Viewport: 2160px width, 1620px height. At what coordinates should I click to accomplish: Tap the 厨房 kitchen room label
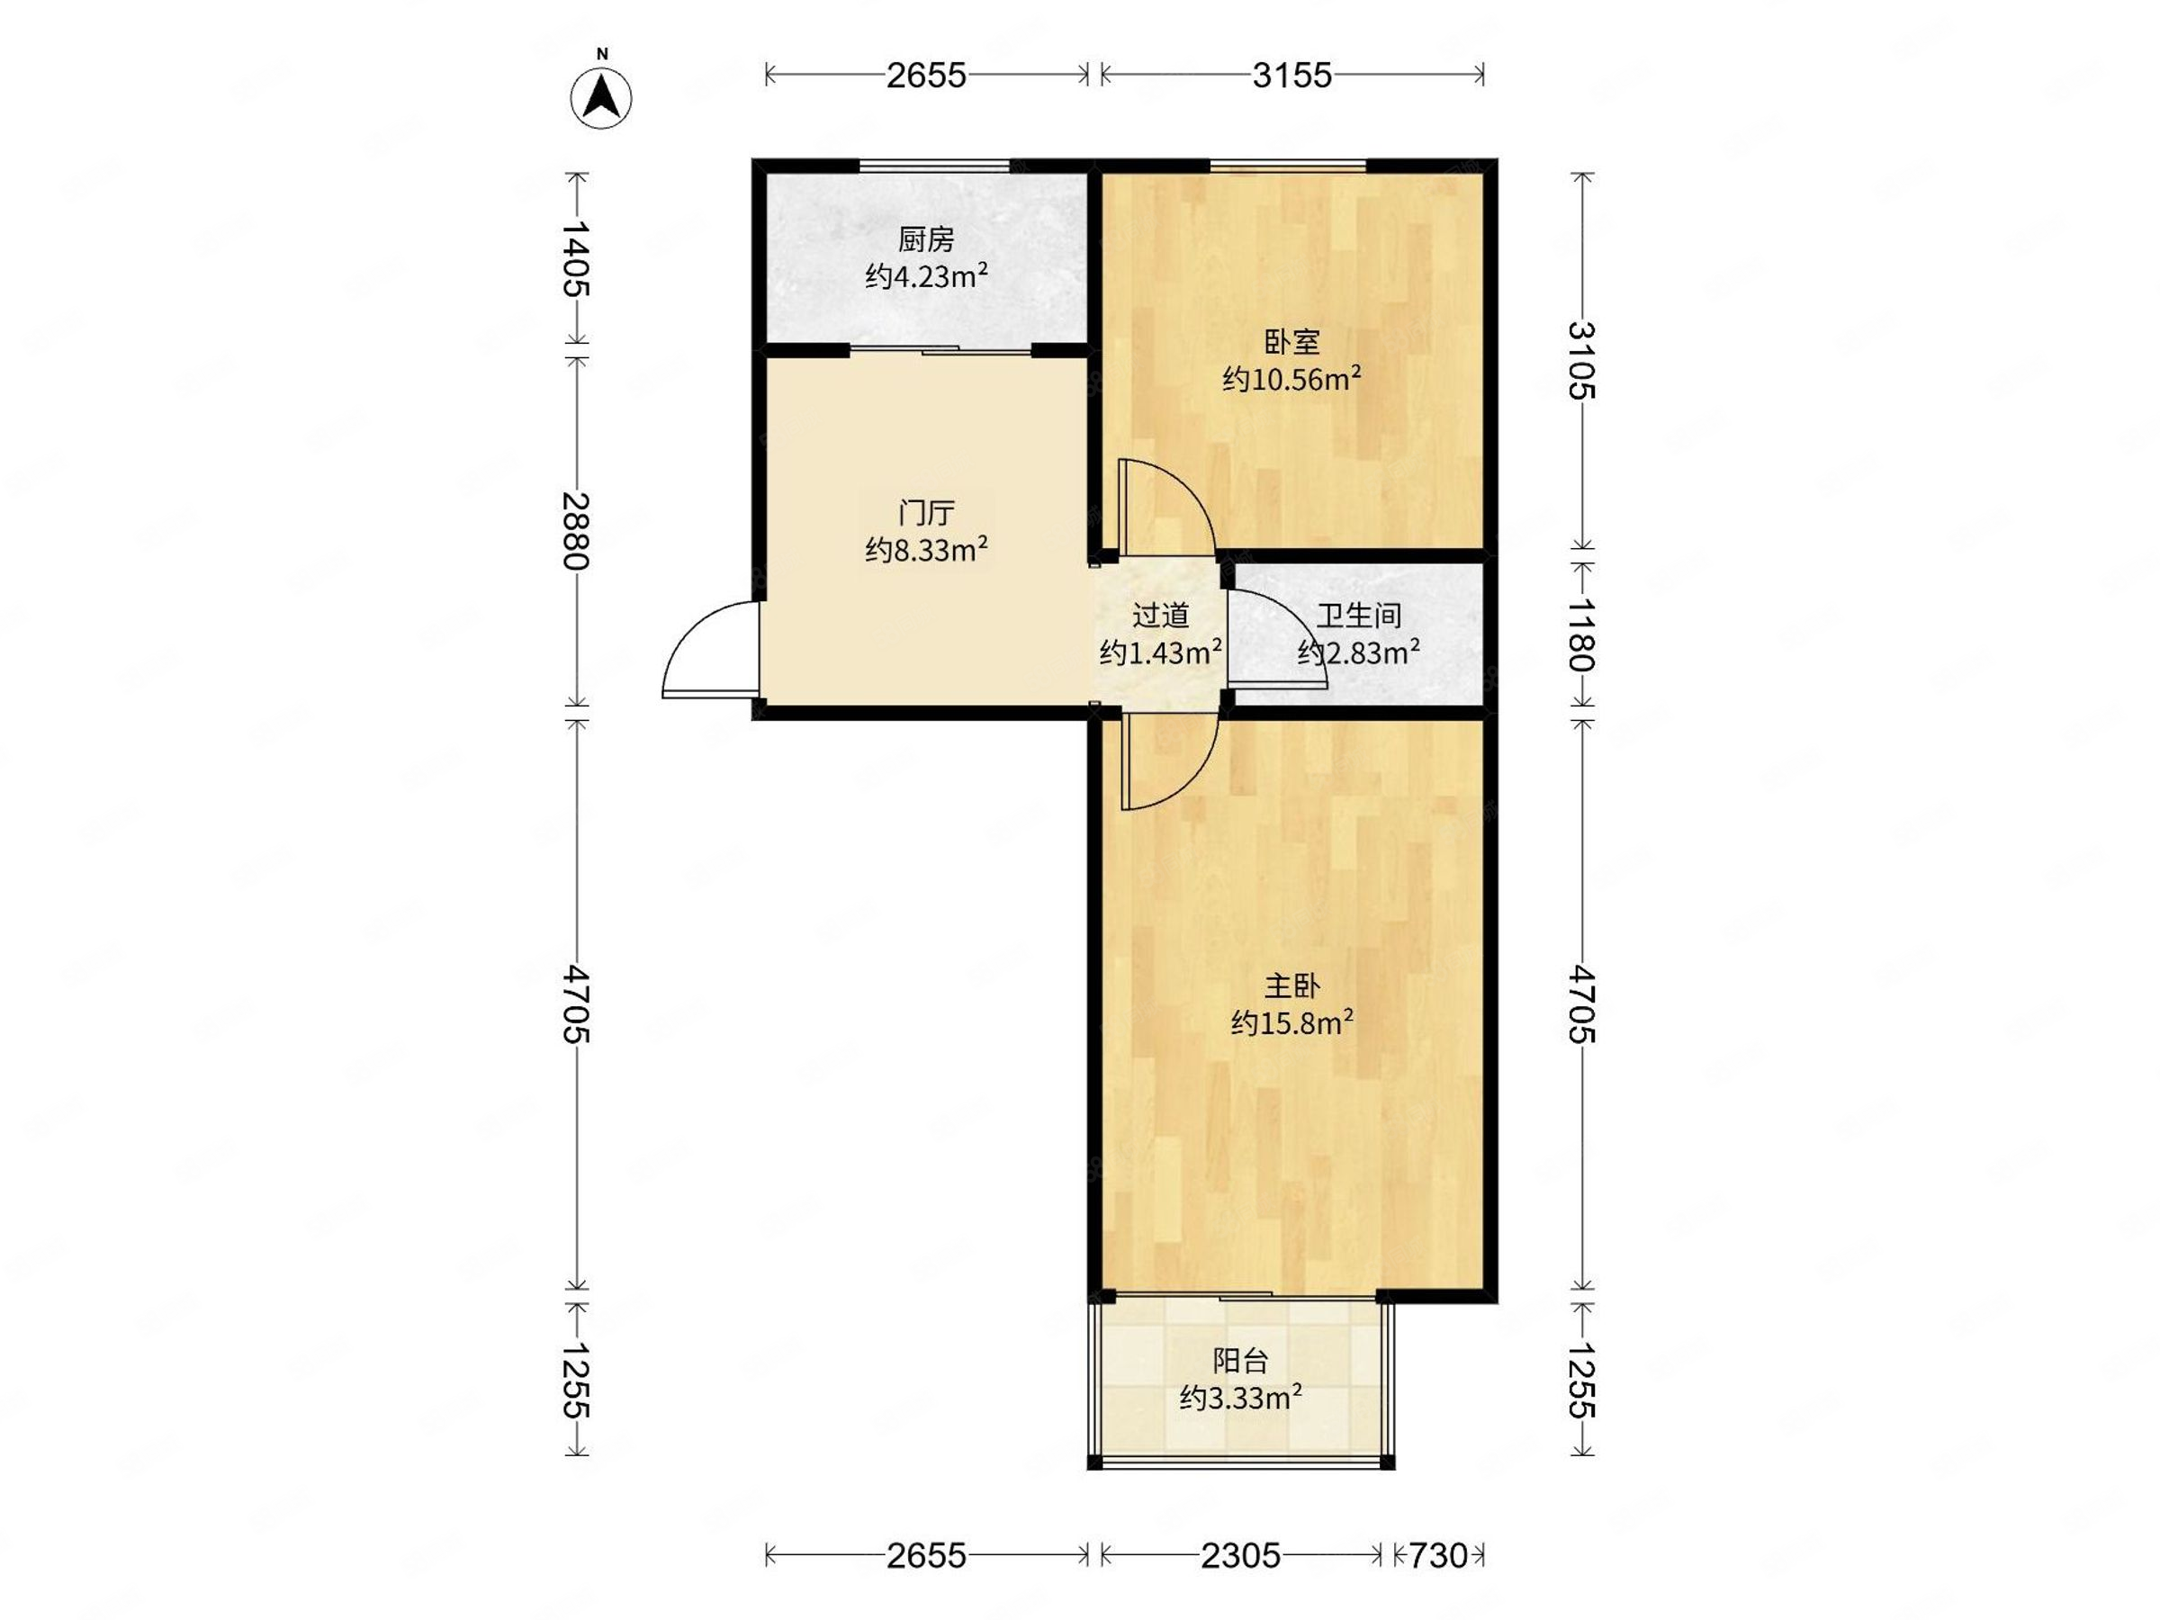pos(926,239)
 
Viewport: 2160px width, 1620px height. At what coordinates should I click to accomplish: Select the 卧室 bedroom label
pos(1291,342)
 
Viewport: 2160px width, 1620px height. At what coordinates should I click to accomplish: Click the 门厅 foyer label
pos(926,513)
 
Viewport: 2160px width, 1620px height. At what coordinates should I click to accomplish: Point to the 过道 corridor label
pos(1161,616)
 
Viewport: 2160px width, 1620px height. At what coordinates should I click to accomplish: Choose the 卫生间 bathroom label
pos(1359,616)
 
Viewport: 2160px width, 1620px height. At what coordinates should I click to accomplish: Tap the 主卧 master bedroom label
pos(1291,986)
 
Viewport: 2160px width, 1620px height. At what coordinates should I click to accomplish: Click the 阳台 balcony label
pos(1240,1360)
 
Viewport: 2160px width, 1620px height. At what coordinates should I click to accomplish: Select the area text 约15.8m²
pos(1291,1022)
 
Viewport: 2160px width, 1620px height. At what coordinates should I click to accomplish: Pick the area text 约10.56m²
pos(1291,378)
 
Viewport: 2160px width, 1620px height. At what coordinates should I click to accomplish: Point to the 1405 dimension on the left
pos(576,259)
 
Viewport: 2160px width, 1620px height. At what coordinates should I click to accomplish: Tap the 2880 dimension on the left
pos(576,530)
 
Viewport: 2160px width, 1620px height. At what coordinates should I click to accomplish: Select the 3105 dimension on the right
pos(1582,359)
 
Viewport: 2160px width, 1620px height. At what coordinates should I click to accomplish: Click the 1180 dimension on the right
pos(1582,634)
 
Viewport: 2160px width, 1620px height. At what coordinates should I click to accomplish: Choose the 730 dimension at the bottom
pos(1438,1555)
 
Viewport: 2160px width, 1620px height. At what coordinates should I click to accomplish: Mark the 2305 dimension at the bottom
pos(1240,1555)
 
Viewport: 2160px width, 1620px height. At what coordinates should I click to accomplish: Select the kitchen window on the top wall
pos(934,165)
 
